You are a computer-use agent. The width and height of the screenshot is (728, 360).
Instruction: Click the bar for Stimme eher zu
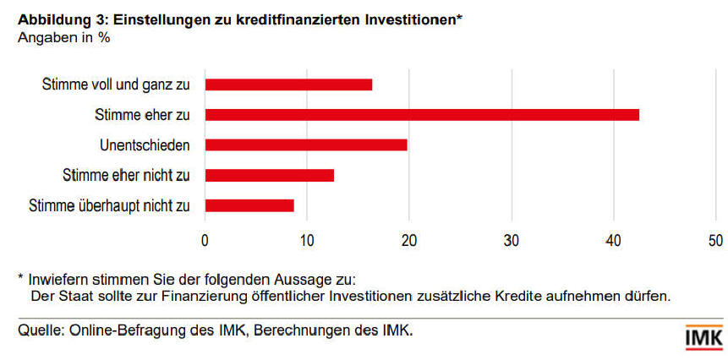[421, 114]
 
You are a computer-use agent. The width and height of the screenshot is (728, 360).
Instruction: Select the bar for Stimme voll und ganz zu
[288, 85]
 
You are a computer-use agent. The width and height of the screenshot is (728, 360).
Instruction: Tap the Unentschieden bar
[306, 145]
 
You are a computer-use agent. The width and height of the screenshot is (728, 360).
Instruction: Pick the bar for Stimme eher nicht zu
[269, 175]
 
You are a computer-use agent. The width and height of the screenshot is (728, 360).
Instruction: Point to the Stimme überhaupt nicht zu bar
[249, 205]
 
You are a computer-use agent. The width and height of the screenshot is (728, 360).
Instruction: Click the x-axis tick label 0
[205, 240]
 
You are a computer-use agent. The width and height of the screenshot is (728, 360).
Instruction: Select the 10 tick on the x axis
[307, 240]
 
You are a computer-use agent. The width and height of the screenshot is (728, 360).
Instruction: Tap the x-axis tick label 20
[409, 240]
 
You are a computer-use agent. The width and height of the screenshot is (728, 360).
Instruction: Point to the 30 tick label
[511, 240]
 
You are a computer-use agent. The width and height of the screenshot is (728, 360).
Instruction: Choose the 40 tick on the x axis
[613, 240]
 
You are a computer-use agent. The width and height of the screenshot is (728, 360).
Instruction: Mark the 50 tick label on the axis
[715, 240]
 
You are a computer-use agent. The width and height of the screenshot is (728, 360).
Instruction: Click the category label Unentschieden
[145, 145]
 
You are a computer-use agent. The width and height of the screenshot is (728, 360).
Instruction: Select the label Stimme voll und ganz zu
[116, 85]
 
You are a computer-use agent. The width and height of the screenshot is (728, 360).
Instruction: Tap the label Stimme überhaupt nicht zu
[110, 205]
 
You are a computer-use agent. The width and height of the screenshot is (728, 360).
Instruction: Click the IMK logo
[703, 336]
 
